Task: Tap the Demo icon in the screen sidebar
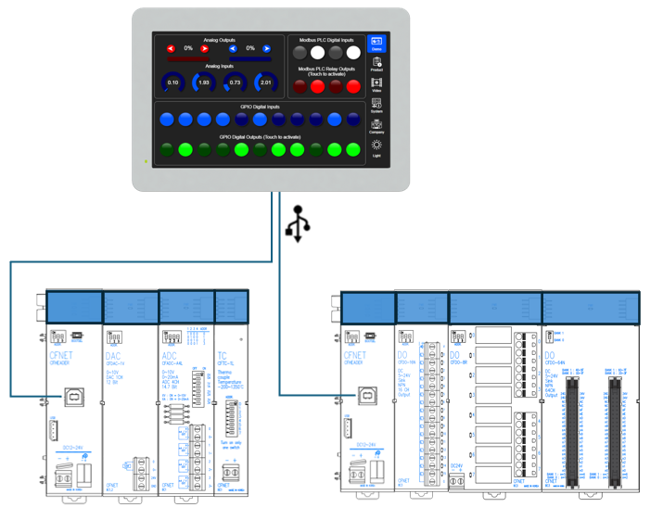(x=376, y=44)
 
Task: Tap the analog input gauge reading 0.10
(x=172, y=82)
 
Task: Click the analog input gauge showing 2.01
(x=266, y=82)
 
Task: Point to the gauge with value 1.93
(x=203, y=82)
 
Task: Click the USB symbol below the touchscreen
(x=297, y=223)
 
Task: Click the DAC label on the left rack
(x=112, y=354)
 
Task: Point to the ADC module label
(x=169, y=354)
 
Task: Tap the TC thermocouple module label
(x=222, y=354)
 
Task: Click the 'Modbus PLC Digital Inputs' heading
(x=326, y=40)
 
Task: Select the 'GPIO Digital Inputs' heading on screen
(x=260, y=107)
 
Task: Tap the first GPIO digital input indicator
(x=167, y=120)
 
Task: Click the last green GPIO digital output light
(x=356, y=149)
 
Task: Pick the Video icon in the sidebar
(x=376, y=85)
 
